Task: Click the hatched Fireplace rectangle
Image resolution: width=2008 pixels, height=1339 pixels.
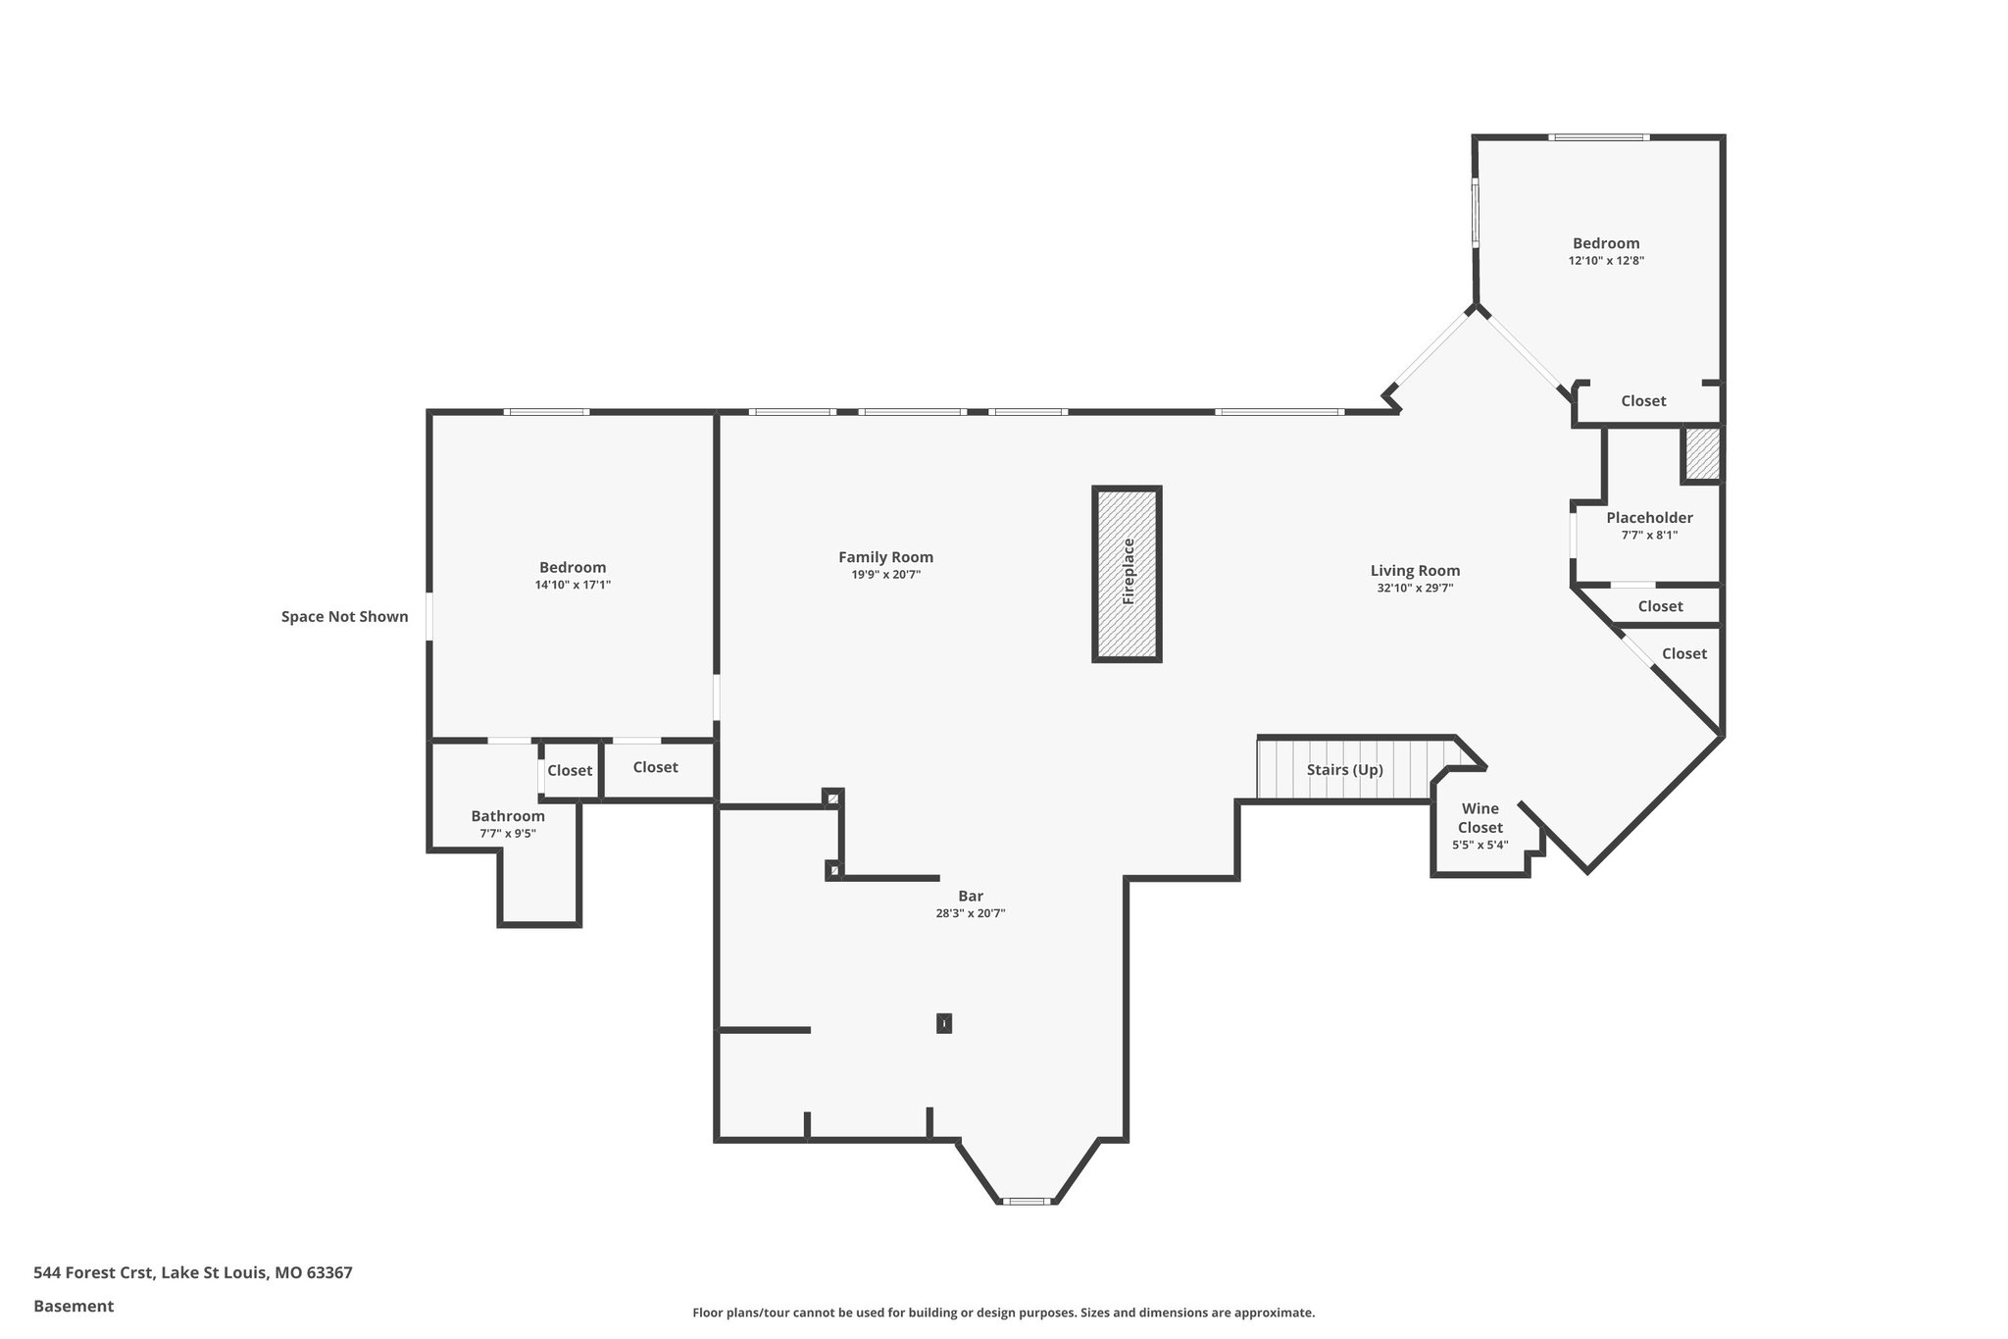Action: [1127, 574]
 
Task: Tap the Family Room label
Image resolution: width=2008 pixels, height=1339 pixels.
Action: [885, 557]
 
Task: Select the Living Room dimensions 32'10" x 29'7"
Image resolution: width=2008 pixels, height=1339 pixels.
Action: [1415, 589]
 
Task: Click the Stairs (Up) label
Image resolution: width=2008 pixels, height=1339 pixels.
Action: [1344, 770]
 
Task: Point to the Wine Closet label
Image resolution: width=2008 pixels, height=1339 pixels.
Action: [1480, 818]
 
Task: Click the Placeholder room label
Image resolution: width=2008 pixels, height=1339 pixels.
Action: [1649, 518]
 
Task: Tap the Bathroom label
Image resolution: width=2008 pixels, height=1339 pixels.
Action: [508, 816]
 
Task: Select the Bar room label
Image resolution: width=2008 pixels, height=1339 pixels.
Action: [971, 896]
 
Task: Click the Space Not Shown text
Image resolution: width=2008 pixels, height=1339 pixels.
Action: [344, 617]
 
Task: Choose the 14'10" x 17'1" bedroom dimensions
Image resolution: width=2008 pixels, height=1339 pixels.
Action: [573, 585]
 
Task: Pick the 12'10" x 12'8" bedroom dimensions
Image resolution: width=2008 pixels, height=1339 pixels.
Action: [1606, 261]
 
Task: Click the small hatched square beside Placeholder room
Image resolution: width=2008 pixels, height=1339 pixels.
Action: [1703, 454]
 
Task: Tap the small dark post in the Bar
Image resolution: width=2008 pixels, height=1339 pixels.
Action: [944, 1023]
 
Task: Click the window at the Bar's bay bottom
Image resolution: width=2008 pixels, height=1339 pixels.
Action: [1026, 1201]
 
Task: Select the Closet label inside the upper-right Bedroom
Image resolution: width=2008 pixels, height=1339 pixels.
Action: [1643, 401]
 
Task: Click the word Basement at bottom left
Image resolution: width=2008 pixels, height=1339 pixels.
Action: [74, 1306]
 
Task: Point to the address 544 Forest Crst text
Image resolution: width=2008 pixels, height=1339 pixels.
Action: [192, 1273]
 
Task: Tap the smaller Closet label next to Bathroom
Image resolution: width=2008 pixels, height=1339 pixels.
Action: [570, 771]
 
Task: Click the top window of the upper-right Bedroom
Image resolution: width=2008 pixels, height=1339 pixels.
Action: [1598, 137]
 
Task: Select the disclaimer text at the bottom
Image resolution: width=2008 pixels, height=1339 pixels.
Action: [1003, 1313]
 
